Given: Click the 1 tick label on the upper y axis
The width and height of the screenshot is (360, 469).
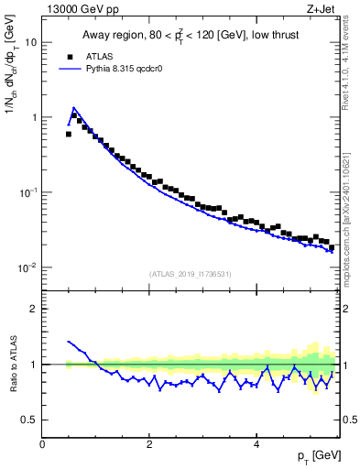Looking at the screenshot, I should [35, 117].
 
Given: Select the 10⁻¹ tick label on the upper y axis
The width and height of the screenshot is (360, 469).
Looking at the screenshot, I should [29, 192].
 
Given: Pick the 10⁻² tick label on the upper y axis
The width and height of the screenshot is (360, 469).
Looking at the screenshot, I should [29, 267].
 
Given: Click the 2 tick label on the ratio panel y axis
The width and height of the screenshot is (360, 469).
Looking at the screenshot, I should [35, 309].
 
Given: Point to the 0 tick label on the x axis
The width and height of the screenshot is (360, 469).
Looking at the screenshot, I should [42, 444].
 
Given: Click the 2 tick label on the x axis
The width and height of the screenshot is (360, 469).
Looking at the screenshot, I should [149, 444].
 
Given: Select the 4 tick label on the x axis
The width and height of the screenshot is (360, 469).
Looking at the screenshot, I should [256, 444].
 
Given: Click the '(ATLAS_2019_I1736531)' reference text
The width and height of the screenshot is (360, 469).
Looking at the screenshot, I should [191, 273].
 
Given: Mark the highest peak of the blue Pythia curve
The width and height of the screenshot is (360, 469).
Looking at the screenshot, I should [73, 107].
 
